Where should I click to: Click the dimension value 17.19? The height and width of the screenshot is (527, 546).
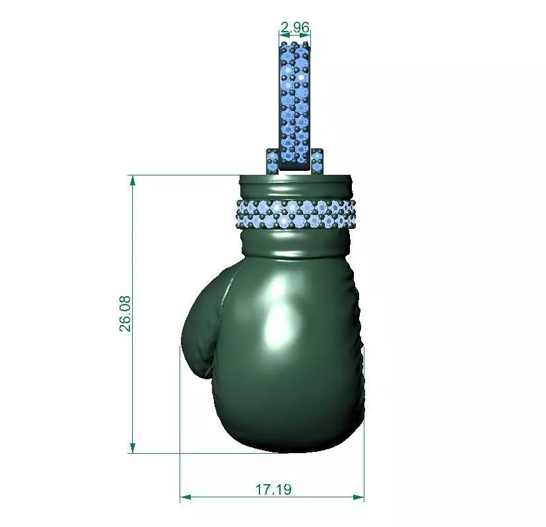tap(273, 489)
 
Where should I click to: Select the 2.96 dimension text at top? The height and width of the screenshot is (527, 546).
tap(295, 28)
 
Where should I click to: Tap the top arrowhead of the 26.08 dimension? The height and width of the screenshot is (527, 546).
tap(133, 180)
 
